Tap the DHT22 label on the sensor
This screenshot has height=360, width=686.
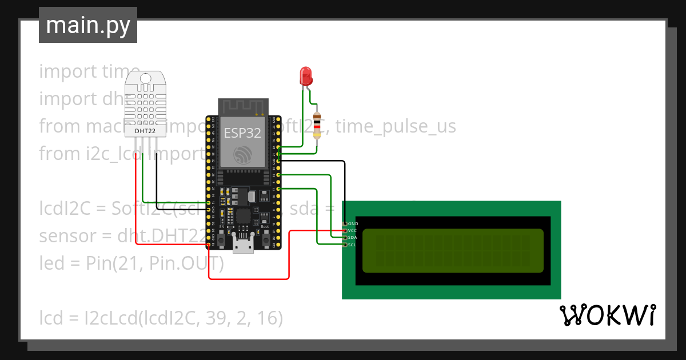(145, 131)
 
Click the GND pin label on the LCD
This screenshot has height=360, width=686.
(353, 223)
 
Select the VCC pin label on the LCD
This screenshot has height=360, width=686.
(353, 230)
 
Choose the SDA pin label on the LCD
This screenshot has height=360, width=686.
(353, 237)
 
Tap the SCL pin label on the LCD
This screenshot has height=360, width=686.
(353, 245)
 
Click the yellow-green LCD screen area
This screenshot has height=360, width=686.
(453, 250)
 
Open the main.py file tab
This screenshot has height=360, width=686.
(88, 26)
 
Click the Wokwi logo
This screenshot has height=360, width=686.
(607, 315)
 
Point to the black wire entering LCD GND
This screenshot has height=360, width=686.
(345, 194)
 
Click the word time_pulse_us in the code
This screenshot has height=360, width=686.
(396, 126)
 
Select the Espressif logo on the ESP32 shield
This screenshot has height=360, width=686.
(242, 154)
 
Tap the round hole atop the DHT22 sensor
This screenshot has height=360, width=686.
(145, 78)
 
